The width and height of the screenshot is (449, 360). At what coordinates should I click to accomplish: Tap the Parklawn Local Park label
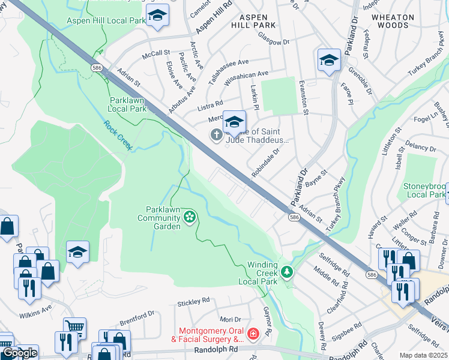click(x=127, y=104)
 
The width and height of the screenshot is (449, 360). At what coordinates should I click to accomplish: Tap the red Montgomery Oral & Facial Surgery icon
click(x=254, y=332)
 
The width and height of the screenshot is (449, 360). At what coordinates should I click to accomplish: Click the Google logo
click(x=19, y=353)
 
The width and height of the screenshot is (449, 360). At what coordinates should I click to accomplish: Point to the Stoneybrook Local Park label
click(x=425, y=190)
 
